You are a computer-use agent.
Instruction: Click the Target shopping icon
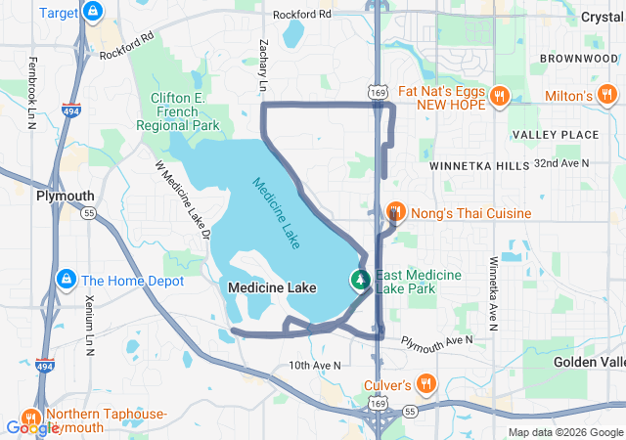(x=91, y=13)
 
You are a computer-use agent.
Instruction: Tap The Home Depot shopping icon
(x=67, y=280)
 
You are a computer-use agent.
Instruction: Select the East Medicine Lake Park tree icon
(x=361, y=281)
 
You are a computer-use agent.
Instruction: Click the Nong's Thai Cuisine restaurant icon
(x=396, y=212)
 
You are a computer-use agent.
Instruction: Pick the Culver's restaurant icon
(x=425, y=383)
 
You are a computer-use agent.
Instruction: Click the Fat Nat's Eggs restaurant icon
(x=499, y=96)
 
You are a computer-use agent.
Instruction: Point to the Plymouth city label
(x=65, y=196)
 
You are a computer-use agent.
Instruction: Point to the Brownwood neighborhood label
(x=577, y=59)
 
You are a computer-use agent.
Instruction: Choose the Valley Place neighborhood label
(x=555, y=134)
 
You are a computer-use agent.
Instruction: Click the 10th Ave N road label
(x=314, y=365)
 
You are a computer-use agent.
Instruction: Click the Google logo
(x=31, y=427)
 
